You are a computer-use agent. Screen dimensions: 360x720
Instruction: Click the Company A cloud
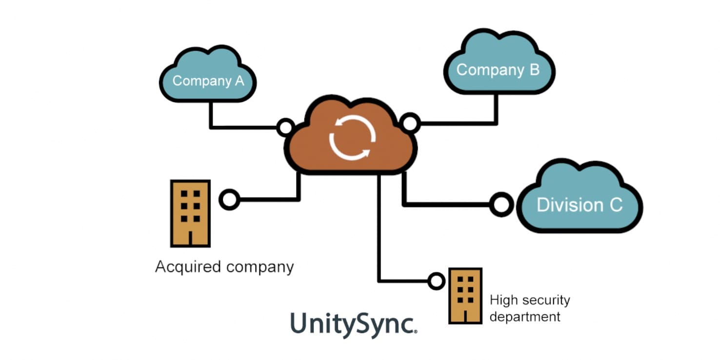(208, 78)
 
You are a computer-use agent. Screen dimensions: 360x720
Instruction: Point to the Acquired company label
(224, 267)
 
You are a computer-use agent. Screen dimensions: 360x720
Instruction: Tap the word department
(524, 317)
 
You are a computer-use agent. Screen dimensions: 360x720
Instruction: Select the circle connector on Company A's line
(285, 128)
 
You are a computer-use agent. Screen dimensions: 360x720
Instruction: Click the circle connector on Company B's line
(410, 123)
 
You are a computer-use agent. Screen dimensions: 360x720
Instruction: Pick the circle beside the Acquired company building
(229, 200)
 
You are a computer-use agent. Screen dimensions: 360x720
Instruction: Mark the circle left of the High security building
(436, 281)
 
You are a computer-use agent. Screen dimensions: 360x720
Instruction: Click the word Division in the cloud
(562, 204)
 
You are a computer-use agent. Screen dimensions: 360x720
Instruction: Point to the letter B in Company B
(533, 69)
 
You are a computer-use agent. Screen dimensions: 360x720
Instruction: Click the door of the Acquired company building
(190, 238)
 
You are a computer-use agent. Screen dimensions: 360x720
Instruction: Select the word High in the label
(502, 300)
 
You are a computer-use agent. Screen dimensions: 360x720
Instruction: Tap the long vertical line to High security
(379, 229)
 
